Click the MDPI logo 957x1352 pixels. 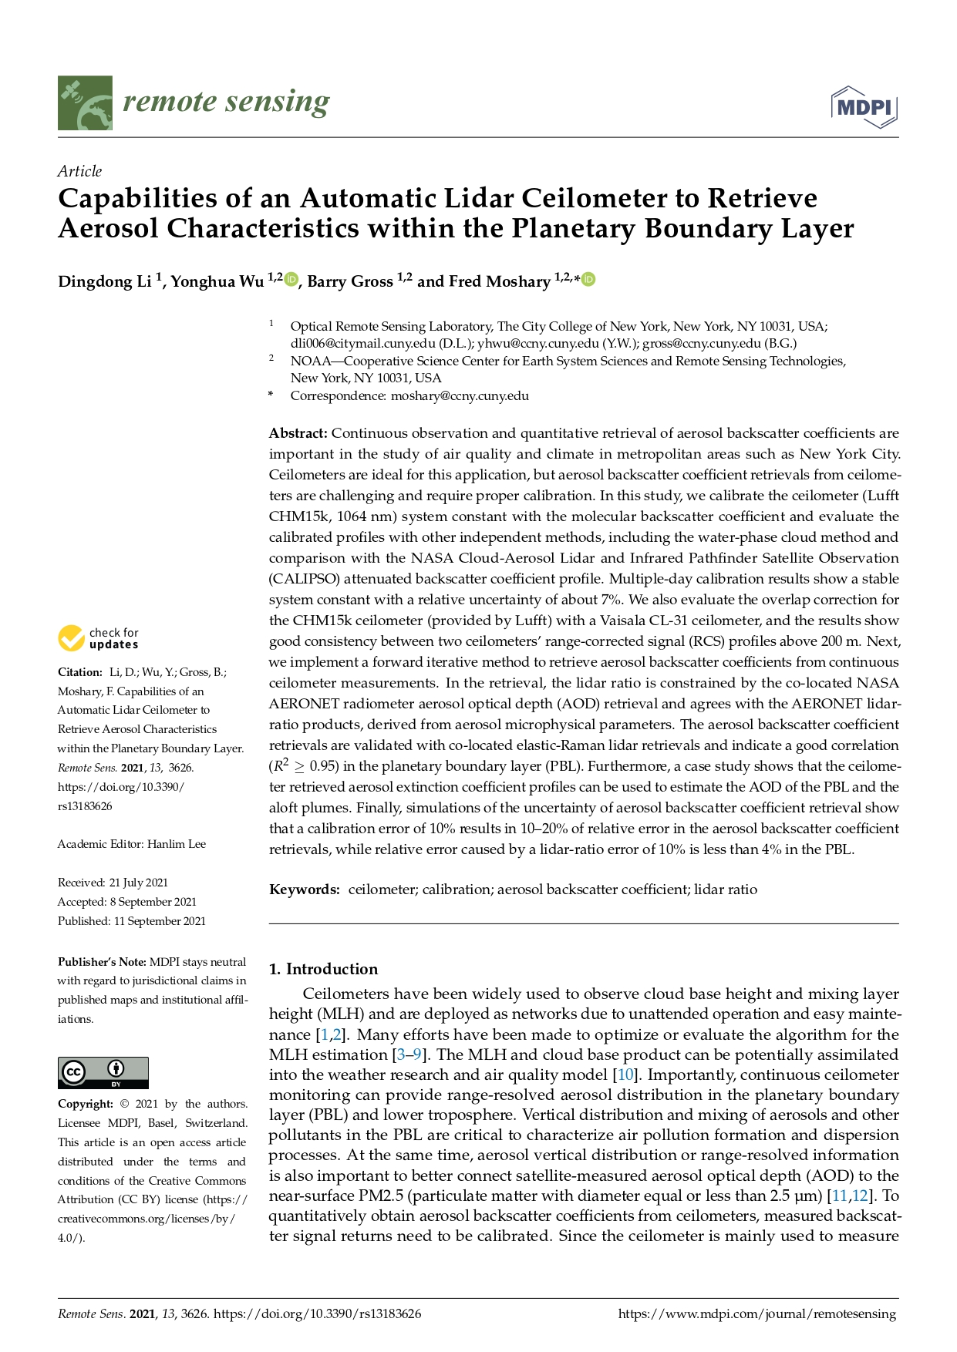[x=864, y=106]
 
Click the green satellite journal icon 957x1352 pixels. [x=85, y=103]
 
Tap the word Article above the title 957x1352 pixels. [x=79, y=171]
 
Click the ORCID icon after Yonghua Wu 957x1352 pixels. [x=291, y=279]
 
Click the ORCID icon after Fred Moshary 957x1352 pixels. [x=588, y=279]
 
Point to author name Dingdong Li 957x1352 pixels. [x=104, y=281]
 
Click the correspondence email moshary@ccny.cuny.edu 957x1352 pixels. [x=460, y=396]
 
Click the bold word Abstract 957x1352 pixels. [x=298, y=433]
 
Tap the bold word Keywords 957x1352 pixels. [x=304, y=890]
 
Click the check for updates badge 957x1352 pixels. [x=98, y=638]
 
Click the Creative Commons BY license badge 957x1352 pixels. [x=103, y=1072]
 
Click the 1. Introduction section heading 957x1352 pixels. [x=323, y=969]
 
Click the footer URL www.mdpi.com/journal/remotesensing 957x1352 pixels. [x=757, y=1314]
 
